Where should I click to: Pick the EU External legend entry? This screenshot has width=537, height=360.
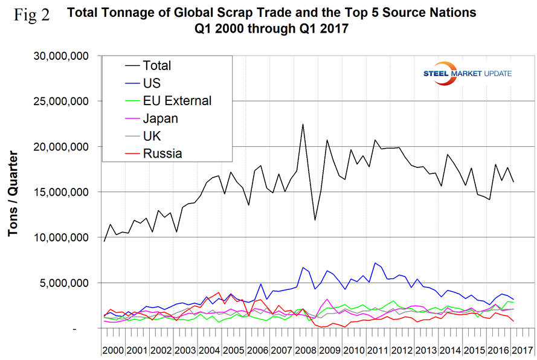176,101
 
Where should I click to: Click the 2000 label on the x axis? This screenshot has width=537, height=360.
114,350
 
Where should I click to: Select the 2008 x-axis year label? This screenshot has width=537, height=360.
307,350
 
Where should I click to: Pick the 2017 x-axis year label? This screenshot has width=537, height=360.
523,350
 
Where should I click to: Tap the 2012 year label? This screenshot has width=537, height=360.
403,350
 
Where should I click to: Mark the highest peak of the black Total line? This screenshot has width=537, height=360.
303,124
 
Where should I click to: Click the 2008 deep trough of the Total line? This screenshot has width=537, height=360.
315,220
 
